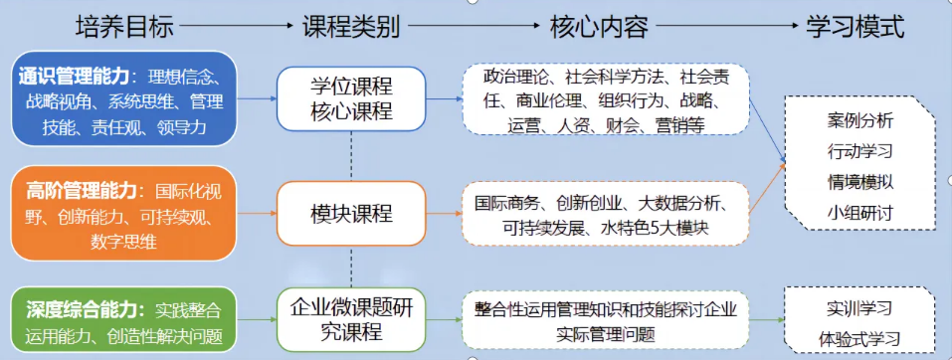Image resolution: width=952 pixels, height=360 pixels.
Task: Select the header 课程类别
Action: click(x=351, y=27)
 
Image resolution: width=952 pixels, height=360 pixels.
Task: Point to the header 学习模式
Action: click(x=856, y=27)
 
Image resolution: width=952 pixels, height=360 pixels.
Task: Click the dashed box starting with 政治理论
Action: click(x=605, y=99)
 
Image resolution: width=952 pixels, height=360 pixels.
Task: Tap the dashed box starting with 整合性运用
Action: click(x=605, y=319)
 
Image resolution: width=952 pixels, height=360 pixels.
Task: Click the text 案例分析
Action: click(x=859, y=120)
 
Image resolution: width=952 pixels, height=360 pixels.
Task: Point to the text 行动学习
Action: click(x=859, y=151)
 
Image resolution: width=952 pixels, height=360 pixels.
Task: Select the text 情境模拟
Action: click(x=859, y=182)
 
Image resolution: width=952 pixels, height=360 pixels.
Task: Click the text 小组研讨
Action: click(x=859, y=213)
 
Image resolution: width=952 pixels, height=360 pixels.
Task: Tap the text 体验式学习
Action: click(x=859, y=335)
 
